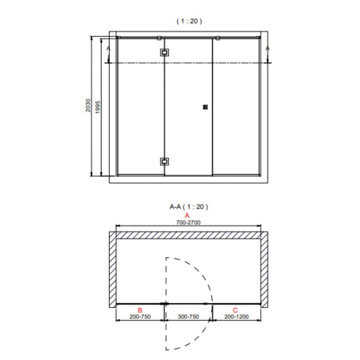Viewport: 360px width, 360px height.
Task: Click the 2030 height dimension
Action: pos(88,105)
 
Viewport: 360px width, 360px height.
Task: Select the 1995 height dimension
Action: pos(98,107)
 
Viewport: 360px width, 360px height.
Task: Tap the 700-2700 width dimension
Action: pos(188,222)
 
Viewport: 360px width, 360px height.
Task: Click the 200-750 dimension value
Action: pos(140,317)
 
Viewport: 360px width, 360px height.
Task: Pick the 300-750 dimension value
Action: pos(188,317)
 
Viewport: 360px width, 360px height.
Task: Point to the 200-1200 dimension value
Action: pos(236,317)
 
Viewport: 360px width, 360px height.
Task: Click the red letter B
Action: pos(140,310)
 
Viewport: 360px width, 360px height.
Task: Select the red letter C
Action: pos(235,310)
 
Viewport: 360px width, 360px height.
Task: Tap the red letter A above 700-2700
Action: pos(187,215)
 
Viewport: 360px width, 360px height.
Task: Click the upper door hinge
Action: pos(164,52)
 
